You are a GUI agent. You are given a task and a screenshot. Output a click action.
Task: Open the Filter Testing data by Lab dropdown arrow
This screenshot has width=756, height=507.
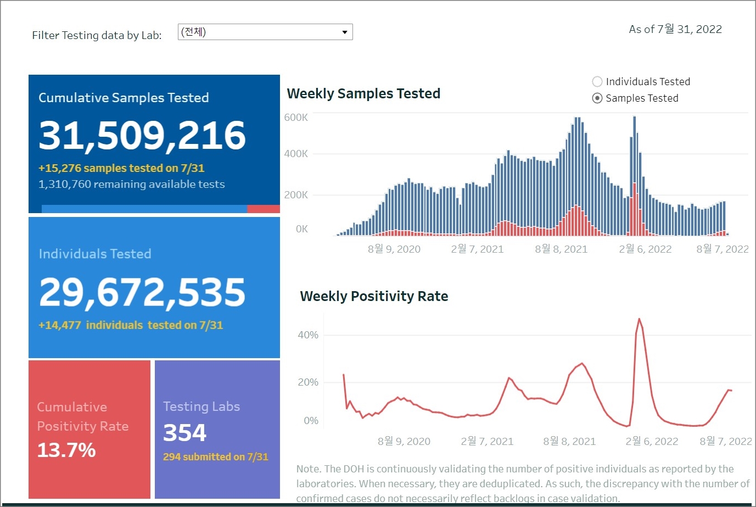pyautogui.click(x=344, y=32)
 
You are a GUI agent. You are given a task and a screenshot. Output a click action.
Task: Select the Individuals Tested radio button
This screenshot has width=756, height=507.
pyautogui.click(x=597, y=82)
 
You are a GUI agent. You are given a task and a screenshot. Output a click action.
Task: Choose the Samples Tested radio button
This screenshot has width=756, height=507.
pyautogui.click(x=597, y=98)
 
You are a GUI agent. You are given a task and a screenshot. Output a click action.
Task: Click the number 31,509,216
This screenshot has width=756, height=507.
pyautogui.click(x=142, y=135)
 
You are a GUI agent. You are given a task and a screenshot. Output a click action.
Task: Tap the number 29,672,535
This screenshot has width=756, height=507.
pyautogui.click(x=142, y=292)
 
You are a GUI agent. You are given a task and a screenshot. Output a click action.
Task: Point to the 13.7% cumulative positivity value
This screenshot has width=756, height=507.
pyautogui.click(x=66, y=450)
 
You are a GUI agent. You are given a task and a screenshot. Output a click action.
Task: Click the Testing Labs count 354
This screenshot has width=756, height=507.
pyautogui.click(x=184, y=433)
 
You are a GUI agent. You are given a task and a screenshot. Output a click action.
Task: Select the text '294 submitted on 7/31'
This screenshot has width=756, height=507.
pyautogui.click(x=215, y=457)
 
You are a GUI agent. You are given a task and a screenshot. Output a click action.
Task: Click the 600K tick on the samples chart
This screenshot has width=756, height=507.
pyautogui.click(x=296, y=118)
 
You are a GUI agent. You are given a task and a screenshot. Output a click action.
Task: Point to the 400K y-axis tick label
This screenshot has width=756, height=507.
pyautogui.click(x=296, y=154)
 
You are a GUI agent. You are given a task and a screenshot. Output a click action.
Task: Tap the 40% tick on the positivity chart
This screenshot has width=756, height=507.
pyautogui.click(x=308, y=335)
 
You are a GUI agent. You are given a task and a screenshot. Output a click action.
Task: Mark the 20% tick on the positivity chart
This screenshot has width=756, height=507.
pyautogui.click(x=308, y=382)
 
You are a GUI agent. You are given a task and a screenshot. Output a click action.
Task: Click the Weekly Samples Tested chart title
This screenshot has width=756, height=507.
pyautogui.click(x=363, y=94)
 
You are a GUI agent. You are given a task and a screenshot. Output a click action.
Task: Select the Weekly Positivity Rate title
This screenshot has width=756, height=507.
pyautogui.click(x=374, y=297)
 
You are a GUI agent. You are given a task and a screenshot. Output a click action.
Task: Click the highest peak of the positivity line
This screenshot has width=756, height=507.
pyautogui.click(x=639, y=319)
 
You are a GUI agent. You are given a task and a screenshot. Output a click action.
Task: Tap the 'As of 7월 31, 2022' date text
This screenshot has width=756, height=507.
pyautogui.click(x=675, y=30)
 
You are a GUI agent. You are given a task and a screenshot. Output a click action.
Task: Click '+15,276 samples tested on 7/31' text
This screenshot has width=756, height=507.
pyautogui.click(x=121, y=168)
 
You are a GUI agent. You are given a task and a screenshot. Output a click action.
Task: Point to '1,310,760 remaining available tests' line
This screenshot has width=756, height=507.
pyautogui.click(x=131, y=184)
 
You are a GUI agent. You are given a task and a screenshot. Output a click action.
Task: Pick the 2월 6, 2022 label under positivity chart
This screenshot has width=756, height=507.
pyautogui.click(x=652, y=442)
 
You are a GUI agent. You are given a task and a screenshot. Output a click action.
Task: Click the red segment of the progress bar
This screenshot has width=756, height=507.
pyautogui.click(x=264, y=209)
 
